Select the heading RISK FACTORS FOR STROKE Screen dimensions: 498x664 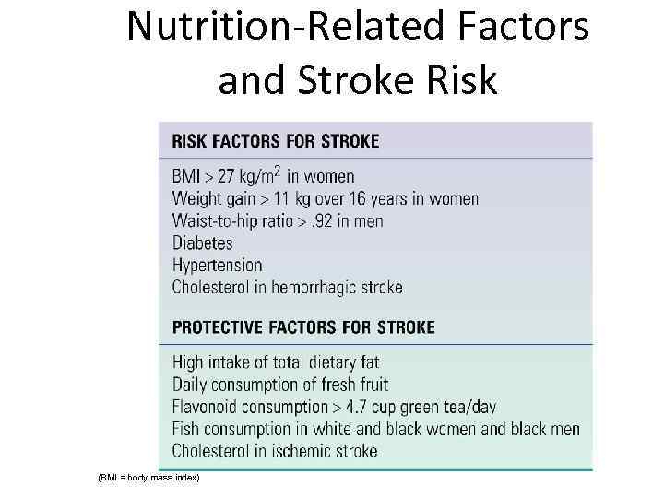click(275, 141)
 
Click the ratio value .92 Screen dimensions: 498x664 click(323, 220)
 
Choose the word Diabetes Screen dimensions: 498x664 click(202, 243)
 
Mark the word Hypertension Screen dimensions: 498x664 click(217, 265)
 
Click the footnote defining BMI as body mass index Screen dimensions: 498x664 click(148, 477)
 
